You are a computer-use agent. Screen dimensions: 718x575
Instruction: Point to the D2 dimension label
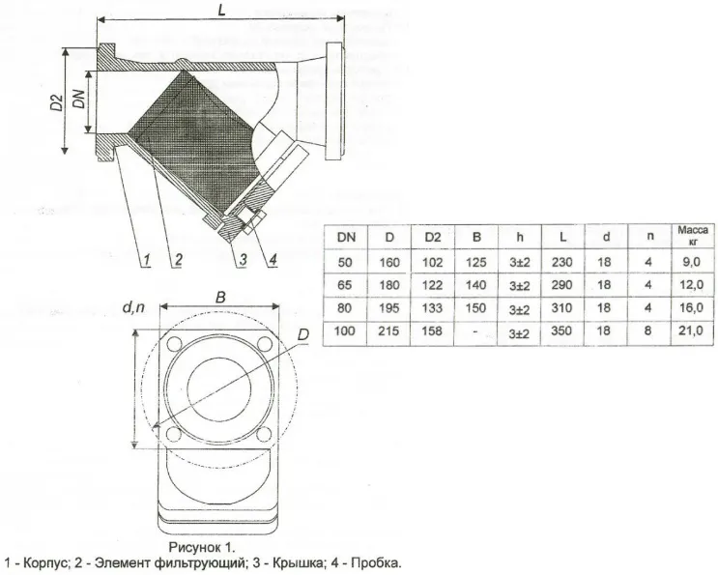(x=56, y=102)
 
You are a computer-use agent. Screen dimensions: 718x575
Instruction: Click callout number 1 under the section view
(x=147, y=261)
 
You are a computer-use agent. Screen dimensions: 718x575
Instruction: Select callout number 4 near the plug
(x=273, y=260)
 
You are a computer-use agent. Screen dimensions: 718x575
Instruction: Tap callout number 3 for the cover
(x=243, y=260)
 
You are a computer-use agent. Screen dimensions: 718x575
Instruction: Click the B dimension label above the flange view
(x=220, y=298)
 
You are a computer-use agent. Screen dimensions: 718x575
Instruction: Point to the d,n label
(x=133, y=307)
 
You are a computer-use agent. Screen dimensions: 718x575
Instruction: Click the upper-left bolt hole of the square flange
(x=174, y=343)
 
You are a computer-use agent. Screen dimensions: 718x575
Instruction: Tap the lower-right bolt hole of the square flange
(x=264, y=434)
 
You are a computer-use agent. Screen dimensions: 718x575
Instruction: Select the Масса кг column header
(x=693, y=235)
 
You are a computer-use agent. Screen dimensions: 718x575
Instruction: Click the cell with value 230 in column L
(x=561, y=262)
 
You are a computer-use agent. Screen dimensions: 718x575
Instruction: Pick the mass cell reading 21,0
(x=691, y=331)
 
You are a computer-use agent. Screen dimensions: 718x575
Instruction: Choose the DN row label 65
(x=344, y=285)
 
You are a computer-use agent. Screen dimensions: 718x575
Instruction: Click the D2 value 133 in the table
(x=432, y=307)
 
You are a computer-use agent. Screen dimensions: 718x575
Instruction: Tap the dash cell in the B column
(x=475, y=331)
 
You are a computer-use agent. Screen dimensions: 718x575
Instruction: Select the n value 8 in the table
(x=648, y=331)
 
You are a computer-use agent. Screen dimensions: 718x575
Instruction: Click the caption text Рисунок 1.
(x=202, y=547)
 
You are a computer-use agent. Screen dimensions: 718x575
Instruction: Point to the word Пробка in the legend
(x=377, y=562)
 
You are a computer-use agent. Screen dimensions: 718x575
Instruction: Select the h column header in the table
(x=519, y=237)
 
